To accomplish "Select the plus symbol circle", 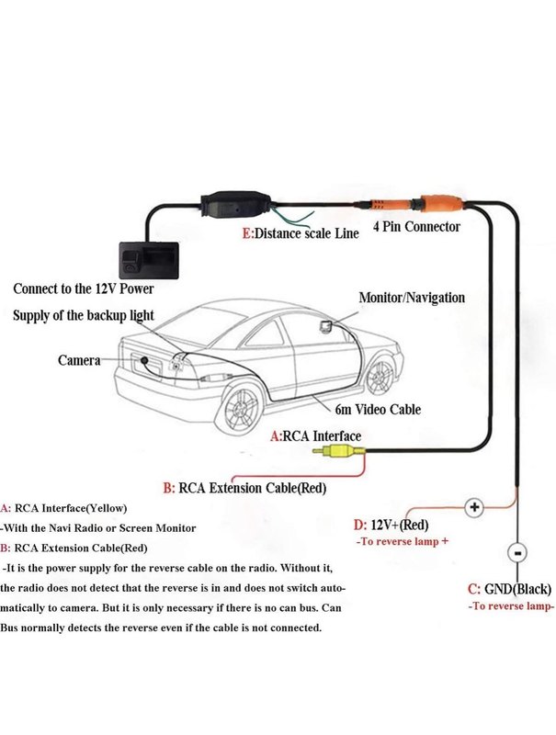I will [x=474, y=506].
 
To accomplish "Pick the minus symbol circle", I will [x=516, y=554].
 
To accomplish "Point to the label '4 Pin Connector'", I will [x=416, y=226].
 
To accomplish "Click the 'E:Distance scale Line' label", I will [x=301, y=234].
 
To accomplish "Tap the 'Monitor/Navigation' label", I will [x=412, y=298].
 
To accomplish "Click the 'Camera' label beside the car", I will [x=79, y=361].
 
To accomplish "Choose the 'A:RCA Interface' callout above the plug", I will [x=315, y=435].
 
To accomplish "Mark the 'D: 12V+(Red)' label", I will [x=391, y=525].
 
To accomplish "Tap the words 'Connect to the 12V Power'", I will [x=84, y=288].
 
